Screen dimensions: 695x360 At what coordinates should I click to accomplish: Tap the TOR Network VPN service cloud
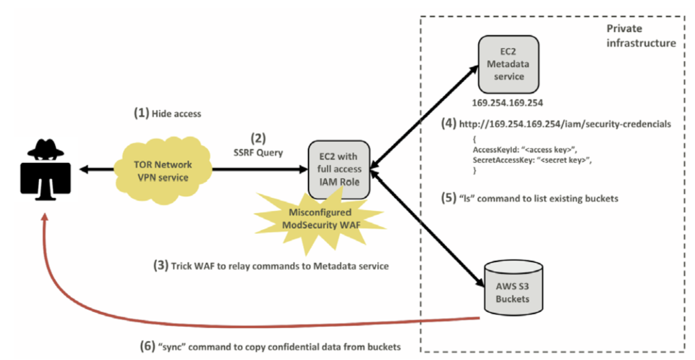click(x=163, y=171)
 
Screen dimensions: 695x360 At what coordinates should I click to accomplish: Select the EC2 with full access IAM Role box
click(x=339, y=169)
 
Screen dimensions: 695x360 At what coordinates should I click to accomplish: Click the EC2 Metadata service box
click(x=508, y=65)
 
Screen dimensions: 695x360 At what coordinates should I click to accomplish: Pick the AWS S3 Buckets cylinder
click(x=513, y=287)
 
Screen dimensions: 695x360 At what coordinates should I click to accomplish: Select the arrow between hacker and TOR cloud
click(x=96, y=169)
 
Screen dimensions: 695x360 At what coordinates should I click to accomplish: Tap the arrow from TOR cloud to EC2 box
click(x=260, y=169)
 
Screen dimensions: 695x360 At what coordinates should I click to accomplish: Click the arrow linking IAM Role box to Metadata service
click(x=424, y=117)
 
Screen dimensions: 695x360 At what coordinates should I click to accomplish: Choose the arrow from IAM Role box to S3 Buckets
click(x=426, y=229)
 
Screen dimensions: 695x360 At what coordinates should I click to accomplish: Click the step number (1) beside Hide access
click(x=141, y=113)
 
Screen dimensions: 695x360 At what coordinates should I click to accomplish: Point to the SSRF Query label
click(x=258, y=153)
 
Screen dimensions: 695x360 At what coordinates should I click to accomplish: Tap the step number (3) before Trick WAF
click(x=161, y=266)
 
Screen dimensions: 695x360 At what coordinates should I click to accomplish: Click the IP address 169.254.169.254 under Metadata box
click(x=507, y=103)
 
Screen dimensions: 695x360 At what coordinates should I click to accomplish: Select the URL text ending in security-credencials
click(x=565, y=124)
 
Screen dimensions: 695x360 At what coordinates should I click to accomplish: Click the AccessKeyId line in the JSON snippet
click(x=525, y=150)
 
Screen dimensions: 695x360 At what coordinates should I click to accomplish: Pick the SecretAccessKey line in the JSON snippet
click(x=532, y=160)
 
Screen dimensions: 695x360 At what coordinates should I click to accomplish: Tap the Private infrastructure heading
click(x=641, y=36)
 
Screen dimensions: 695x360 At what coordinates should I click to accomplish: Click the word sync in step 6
click(x=172, y=347)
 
